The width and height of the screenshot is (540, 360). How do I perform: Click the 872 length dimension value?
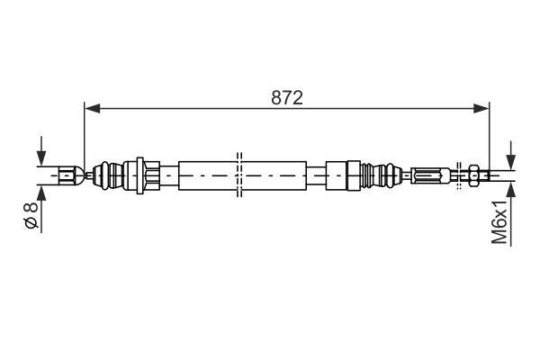pos(287,97)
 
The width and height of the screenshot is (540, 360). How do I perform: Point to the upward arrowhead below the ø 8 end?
pos(40,189)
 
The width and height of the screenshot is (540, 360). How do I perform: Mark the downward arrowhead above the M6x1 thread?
pos(511,162)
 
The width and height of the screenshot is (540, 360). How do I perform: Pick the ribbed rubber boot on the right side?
pos(387,173)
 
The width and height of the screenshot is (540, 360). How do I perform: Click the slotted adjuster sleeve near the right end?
pos(431,173)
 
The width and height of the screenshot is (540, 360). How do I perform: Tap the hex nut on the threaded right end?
pos(473,173)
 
